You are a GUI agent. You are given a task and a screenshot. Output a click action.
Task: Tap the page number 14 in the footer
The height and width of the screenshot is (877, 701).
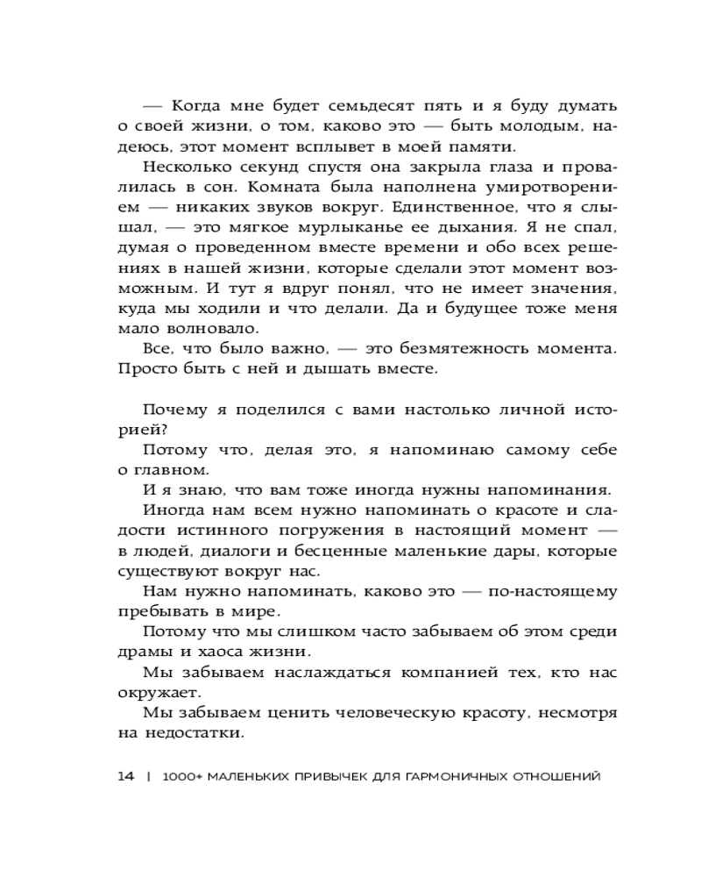(125, 775)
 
